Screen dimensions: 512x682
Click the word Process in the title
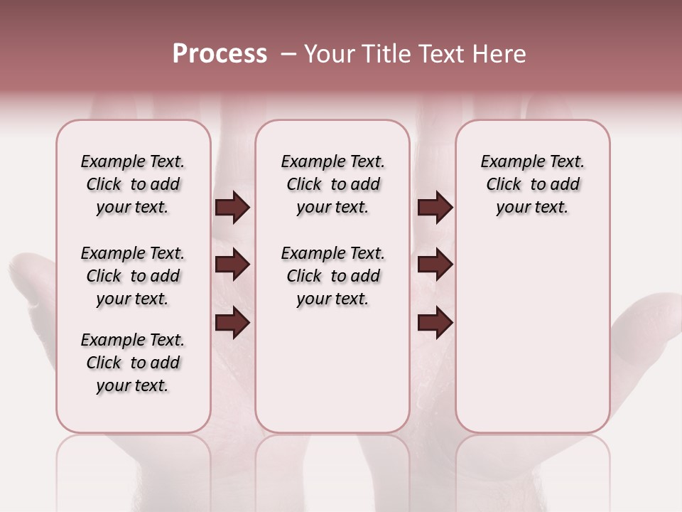pos(220,54)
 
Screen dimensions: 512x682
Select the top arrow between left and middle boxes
pos(232,208)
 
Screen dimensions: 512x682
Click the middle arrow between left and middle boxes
pos(232,265)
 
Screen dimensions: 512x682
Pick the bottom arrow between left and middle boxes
pos(232,324)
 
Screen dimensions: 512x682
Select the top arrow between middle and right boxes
pos(435,208)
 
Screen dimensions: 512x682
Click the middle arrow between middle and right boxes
pos(435,265)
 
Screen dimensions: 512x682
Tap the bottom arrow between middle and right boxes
pos(435,324)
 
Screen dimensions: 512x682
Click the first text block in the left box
pos(133,184)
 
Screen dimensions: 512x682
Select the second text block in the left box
pos(133,276)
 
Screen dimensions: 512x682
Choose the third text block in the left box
pos(133,363)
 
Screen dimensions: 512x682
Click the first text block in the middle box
pos(332,184)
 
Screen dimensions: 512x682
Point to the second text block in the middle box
pos(332,276)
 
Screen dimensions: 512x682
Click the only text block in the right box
pos(532,184)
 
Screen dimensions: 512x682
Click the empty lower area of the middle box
pos(332,370)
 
